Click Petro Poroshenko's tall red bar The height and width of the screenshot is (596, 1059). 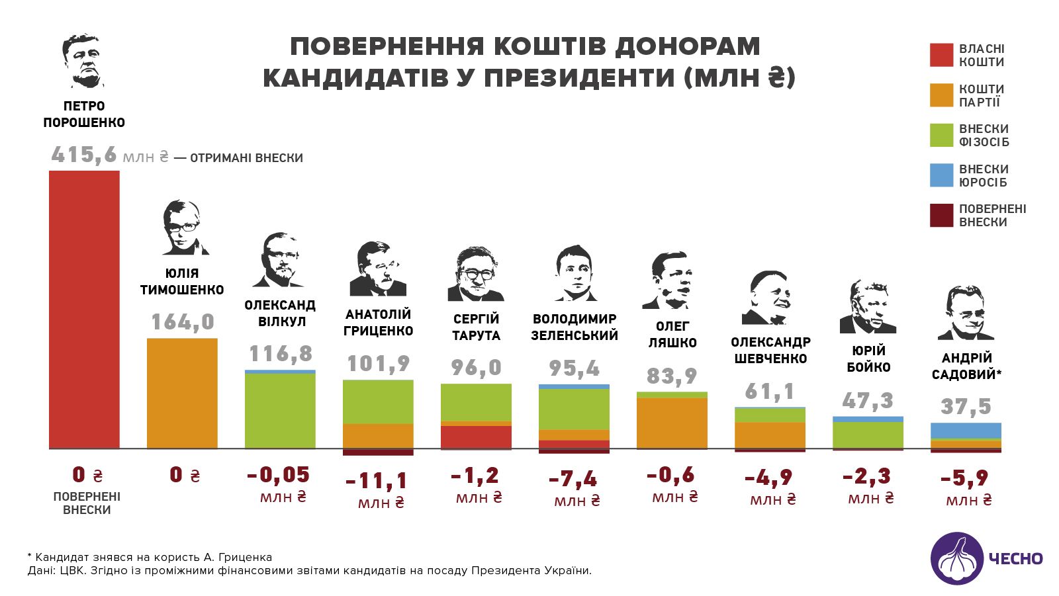coord(84,310)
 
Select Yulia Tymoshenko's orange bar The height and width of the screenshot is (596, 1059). coord(182,393)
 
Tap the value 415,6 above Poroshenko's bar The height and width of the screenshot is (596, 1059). coord(84,155)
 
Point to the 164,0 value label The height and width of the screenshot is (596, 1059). coord(183,322)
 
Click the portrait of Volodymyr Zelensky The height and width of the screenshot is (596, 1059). coord(574,273)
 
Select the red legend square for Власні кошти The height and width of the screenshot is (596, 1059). coord(941,56)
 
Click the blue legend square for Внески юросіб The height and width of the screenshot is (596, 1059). coord(941,175)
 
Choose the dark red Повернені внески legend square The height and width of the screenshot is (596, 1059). coord(941,216)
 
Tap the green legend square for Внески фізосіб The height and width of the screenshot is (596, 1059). coord(941,136)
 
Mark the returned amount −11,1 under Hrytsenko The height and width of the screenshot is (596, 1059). coord(377,481)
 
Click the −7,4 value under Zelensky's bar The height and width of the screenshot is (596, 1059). coord(573,478)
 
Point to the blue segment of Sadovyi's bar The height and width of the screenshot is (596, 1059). coord(966,430)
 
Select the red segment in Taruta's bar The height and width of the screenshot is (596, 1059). coord(476,437)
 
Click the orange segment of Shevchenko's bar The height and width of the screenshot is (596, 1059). coord(770,435)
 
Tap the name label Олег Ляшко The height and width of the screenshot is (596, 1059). coord(672,334)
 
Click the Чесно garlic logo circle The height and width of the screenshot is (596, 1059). coord(957,559)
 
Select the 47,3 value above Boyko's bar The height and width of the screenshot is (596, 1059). coord(868,401)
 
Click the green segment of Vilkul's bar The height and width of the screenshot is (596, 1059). coord(280,410)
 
